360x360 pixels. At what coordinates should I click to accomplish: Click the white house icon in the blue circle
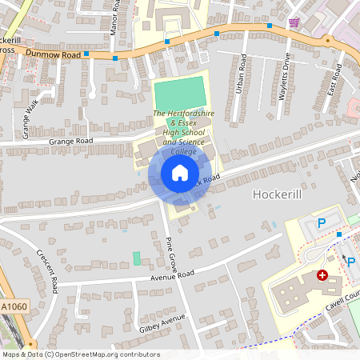pos(180,173)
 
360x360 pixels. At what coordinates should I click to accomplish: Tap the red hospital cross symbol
pos(322,274)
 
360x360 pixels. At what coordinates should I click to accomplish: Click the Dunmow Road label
pos(53,54)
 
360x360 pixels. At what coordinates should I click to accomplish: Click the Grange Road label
pos(71,141)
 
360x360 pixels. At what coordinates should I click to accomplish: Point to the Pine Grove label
pos(171,254)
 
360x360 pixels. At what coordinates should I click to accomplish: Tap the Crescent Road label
pos(47,270)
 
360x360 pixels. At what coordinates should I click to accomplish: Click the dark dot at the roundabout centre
pos(327,39)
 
